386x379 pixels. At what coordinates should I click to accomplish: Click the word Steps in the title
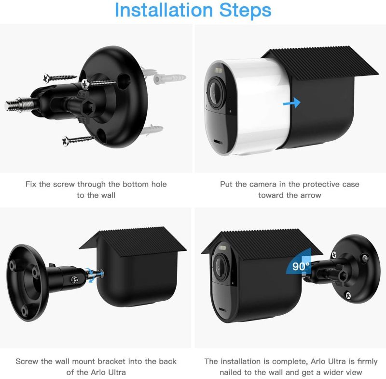pos(245,10)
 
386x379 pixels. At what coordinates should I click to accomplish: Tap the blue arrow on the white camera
pos(292,102)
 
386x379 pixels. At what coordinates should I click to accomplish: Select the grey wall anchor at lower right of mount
pos(151,130)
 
